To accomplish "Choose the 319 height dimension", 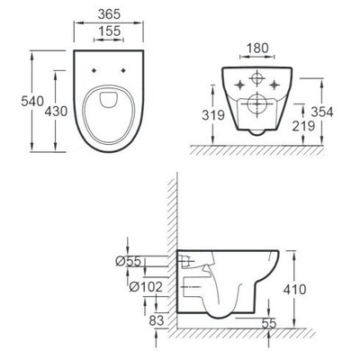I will tap(213, 115).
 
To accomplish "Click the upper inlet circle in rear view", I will tap(256, 76).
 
